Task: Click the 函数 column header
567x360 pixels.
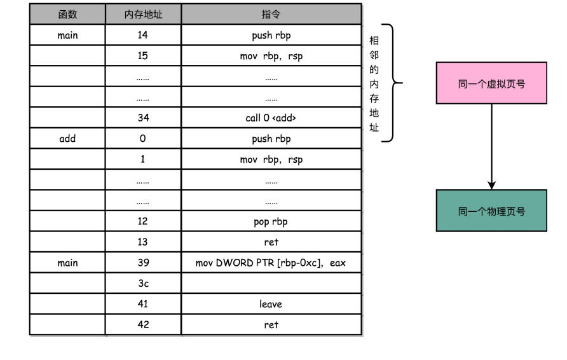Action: coord(67,15)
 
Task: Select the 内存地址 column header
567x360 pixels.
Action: coord(143,15)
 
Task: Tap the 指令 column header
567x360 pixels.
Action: coord(271,15)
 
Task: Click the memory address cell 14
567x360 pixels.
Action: coord(143,36)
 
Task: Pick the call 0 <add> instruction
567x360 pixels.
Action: coord(271,118)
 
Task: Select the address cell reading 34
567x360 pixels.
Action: coord(143,118)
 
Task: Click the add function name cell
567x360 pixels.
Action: coord(67,139)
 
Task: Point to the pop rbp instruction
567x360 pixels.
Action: coord(271,221)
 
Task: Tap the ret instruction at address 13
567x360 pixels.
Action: coord(271,242)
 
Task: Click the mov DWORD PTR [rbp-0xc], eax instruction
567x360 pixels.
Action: coord(271,263)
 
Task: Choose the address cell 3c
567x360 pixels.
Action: coord(143,284)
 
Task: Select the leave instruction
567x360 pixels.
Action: coord(271,304)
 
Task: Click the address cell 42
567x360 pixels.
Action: coord(143,325)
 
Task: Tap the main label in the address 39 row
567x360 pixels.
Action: coord(67,263)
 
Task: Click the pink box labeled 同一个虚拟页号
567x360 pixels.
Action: coord(491,83)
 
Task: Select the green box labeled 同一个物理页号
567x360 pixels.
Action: coord(491,211)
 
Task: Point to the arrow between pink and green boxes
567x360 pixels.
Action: coord(491,146)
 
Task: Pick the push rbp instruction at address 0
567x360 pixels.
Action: coord(271,139)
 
